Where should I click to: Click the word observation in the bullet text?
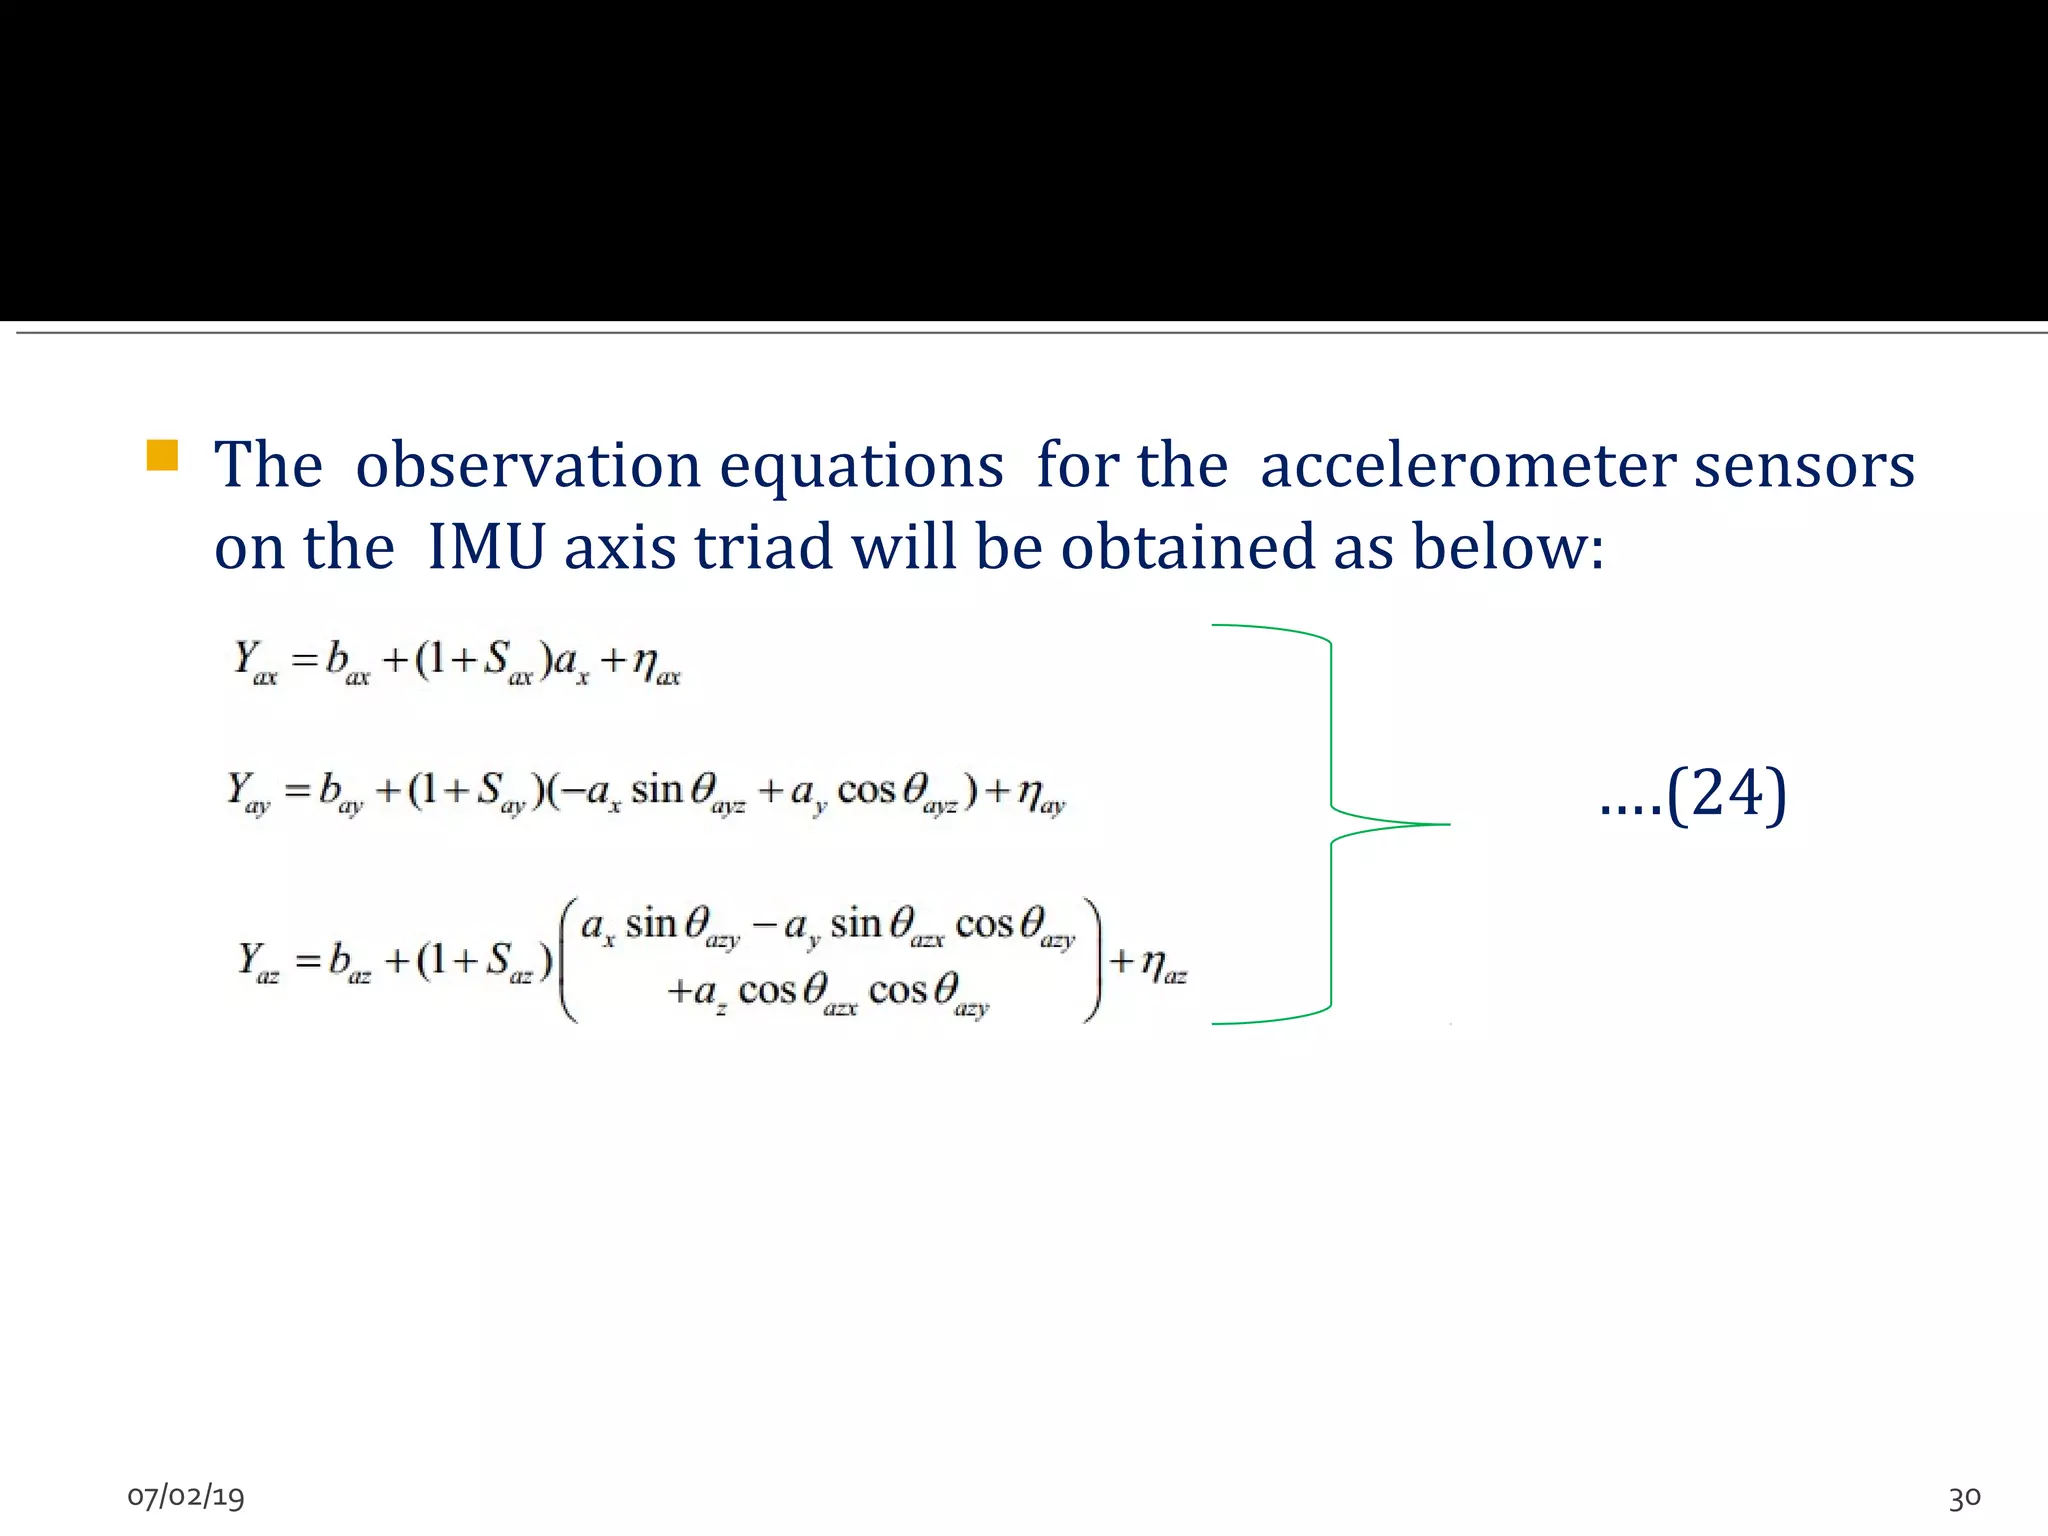tap(528, 466)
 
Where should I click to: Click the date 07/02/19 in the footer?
tap(186, 1496)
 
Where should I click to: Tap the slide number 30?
tap(1964, 1497)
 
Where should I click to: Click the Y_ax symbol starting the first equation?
tap(254, 662)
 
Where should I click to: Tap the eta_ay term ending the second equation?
tap(1041, 795)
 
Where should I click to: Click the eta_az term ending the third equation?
tap(1163, 966)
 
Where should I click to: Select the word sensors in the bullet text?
tap(1803, 466)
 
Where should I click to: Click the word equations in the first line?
tap(861, 466)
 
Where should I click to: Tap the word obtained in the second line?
tap(1188, 548)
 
